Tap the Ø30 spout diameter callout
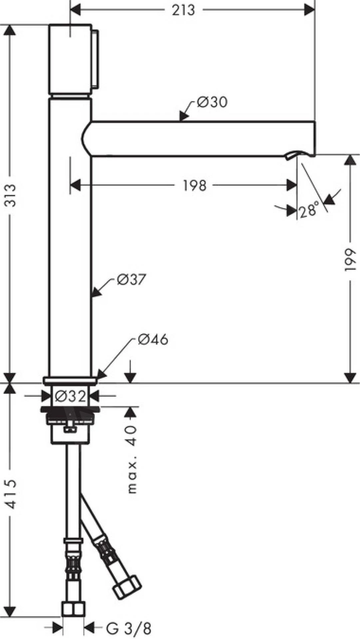coord(212,102)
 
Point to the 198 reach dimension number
coord(195,185)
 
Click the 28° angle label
coord(309,211)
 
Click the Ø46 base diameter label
coord(153,340)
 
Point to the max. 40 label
coord(132,459)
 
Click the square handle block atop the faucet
coord(70,59)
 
